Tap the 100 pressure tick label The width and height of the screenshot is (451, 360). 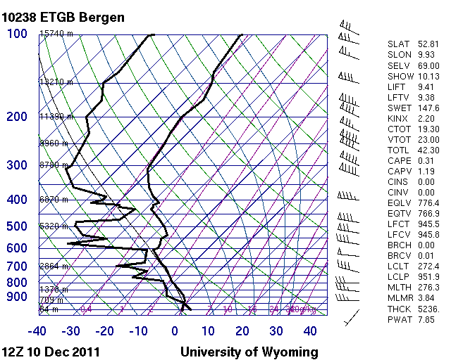[17, 34]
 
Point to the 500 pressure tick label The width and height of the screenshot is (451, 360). [17, 226]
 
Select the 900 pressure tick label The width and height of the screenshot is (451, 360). [17, 297]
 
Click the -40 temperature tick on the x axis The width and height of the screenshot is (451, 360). [37, 330]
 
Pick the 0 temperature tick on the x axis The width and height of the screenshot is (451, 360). [175, 330]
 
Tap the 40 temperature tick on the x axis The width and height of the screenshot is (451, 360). [310, 330]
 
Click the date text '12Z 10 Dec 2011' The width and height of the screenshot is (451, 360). [50, 352]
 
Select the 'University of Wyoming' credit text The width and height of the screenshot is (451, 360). [249, 352]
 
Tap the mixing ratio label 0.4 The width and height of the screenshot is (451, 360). [87, 309]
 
